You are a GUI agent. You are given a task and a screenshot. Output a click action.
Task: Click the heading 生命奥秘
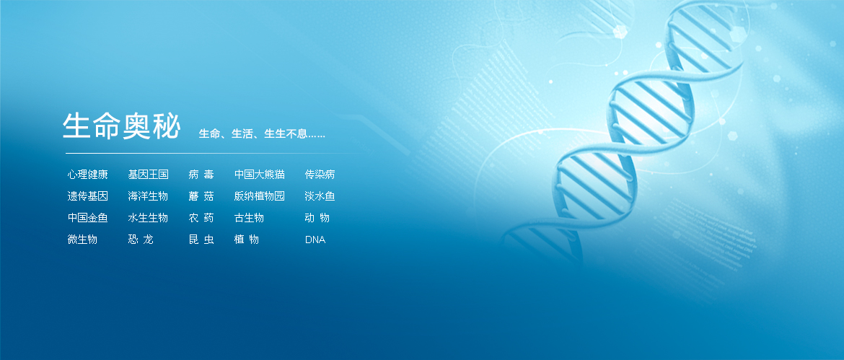pyautogui.click(x=121, y=127)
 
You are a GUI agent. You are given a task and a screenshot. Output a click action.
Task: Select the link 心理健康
pyautogui.click(x=88, y=175)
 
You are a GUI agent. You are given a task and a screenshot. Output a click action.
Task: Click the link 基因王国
pyautogui.click(x=148, y=175)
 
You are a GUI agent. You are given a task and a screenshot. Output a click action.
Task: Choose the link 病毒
pyautogui.click(x=201, y=175)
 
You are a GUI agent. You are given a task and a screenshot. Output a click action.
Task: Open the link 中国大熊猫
pyautogui.click(x=260, y=175)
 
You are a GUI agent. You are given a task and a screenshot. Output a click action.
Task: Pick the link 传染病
pyautogui.click(x=320, y=175)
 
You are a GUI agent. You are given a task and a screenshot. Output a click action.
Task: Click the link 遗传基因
pyautogui.click(x=88, y=196)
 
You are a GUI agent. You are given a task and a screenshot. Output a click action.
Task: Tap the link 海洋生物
pyautogui.click(x=148, y=196)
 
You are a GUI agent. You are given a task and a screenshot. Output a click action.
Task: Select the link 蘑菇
pyautogui.click(x=201, y=196)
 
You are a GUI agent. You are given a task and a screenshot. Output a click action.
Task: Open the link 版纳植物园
pyautogui.click(x=260, y=196)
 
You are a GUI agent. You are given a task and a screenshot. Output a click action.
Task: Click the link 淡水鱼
pyautogui.click(x=320, y=196)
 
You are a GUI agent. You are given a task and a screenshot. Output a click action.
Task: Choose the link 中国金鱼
pyautogui.click(x=88, y=218)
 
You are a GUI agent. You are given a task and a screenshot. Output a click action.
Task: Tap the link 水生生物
pyautogui.click(x=148, y=218)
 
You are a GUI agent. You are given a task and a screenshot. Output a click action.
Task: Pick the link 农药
pyautogui.click(x=201, y=218)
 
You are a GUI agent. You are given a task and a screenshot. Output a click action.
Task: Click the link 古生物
pyautogui.click(x=249, y=218)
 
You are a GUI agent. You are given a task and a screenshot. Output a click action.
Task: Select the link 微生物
pyautogui.click(x=82, y=240)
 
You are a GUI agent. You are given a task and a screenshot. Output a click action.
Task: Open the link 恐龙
pyautogui.click(x=141, y=240)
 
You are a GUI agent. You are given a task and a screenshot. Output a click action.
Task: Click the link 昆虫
pyautogui.click(x=201, y=240)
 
